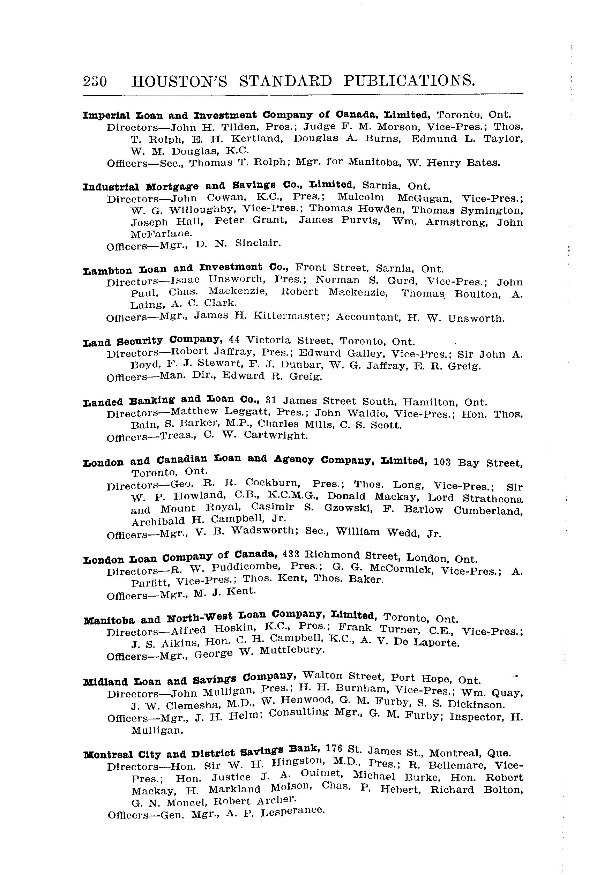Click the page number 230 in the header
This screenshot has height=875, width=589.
pos(95,82)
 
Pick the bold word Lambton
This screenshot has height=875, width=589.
pos(107,270)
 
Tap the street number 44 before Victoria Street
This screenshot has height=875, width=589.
pos(234,339)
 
